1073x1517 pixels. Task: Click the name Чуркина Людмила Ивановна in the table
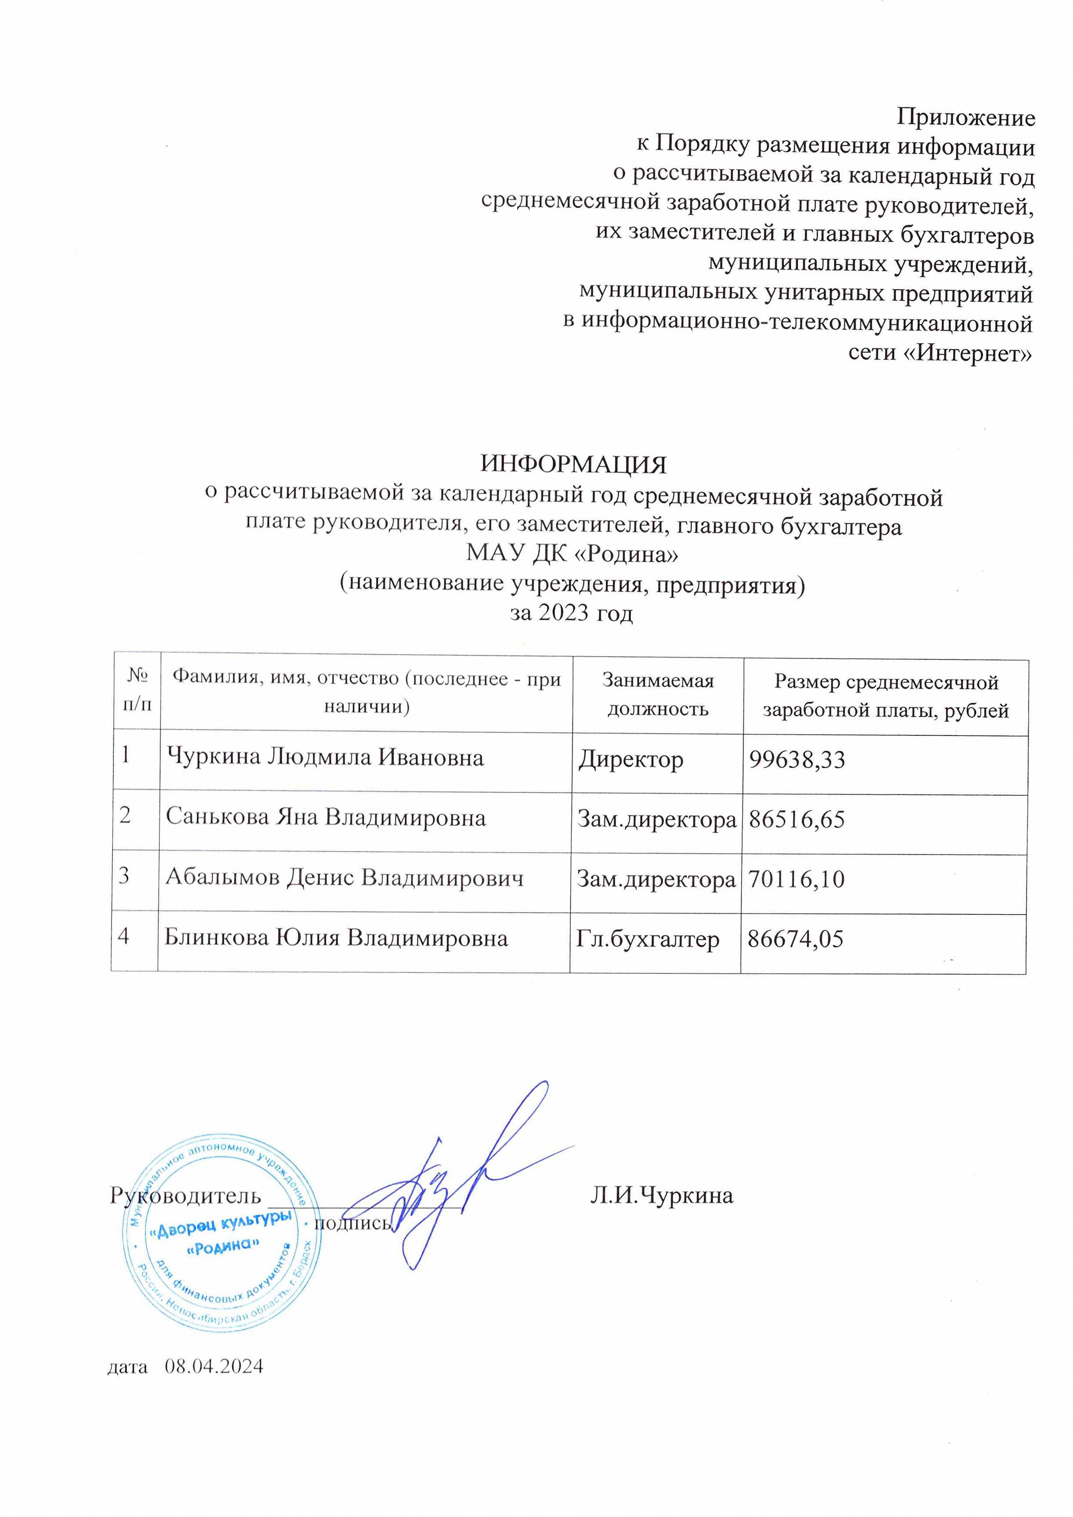[325, 757]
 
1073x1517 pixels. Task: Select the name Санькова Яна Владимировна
[326, 818]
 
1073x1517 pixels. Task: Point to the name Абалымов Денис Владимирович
[344, 878]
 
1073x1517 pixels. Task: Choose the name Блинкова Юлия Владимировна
[336, 938]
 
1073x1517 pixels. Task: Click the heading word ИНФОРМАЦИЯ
[573, 465]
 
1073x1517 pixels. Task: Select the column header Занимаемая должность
[658, 695]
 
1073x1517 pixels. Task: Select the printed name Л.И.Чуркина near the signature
[661, 1196]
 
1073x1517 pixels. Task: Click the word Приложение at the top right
[965, 118]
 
